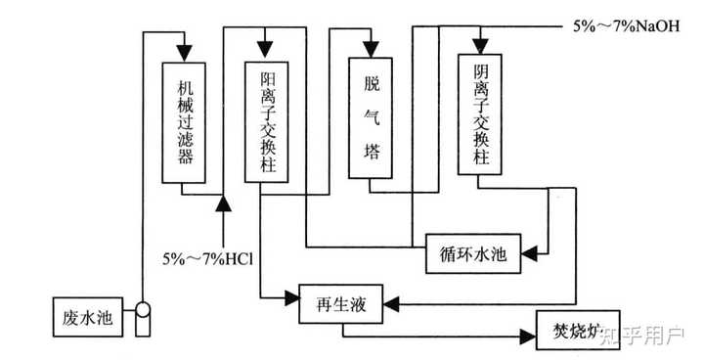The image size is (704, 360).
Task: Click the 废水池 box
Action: (x=88, y=317)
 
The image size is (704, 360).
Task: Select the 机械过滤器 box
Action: (x=184, y=122)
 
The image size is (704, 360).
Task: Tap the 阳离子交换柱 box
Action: (x=266, y=122)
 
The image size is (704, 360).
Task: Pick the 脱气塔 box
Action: (x=371, y=117)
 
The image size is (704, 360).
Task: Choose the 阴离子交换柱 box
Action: (x=479, y=114)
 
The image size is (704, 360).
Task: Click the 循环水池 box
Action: (x=473, y=253)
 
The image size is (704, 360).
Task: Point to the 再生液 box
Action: (x=341, y=304)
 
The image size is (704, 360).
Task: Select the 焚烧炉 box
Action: (x=578, y=330)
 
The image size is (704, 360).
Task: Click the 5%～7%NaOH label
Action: (x=627, y=26)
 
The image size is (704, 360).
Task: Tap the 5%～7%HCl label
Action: (x=208, y=259)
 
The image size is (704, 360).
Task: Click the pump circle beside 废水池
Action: (x=143, y=309)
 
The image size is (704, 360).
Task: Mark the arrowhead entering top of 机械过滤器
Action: (x=184, y=53)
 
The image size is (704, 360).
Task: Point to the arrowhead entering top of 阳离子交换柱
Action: (x=265, y=50)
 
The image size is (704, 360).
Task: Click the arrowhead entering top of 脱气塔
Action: (x=371, y=50)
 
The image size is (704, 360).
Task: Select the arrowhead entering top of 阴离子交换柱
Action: (x=480, y=46)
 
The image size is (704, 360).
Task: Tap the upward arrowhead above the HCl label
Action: (x=223, y=203)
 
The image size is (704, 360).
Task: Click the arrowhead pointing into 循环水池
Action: (x=529, y=254)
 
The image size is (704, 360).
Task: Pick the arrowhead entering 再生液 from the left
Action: (x=291, y=297)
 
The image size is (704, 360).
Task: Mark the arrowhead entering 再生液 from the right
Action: (x=391, y=304)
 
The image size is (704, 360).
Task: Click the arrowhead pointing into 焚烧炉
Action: (x=528, y=337)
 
